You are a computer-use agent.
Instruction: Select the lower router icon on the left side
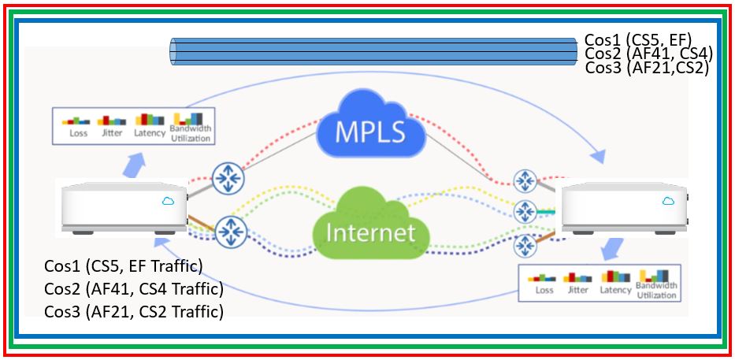click(x=232, y=231)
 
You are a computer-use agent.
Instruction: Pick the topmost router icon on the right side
click(x=525, y=180)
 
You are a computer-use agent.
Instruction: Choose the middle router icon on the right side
click(x=525, y=211)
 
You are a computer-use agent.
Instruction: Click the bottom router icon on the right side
click(x=525, y=245)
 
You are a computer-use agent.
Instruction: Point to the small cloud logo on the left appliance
click(x=168, y=201)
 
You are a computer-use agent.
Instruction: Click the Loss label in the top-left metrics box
click(x=78, y=133)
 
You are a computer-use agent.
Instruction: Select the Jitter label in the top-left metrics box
click(x=111, y=133)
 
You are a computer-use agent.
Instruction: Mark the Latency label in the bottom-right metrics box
click(x=615, y=290)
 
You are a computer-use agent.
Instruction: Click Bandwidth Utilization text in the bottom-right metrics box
click(x=656, y=290)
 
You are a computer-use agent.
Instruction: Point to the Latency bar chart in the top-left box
click(x=149, y=120)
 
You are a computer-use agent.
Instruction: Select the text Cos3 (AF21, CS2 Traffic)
click(x=134, y=311)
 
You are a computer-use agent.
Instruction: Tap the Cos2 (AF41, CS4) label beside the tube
click(x=648, y=54)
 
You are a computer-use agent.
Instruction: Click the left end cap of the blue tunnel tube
click(x=174, y=52)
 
